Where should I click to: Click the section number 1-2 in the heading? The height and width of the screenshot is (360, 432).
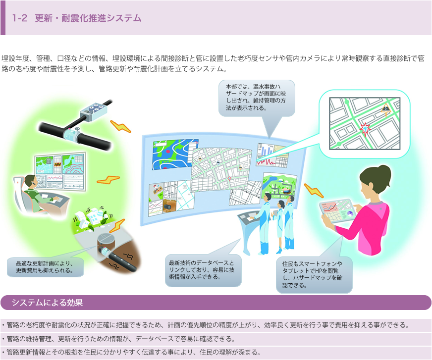click(x=19, y=18)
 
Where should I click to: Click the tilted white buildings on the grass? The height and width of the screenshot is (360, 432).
click(x=92, y=217)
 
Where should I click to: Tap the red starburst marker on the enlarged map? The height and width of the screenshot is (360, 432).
click(x=365, y=128)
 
